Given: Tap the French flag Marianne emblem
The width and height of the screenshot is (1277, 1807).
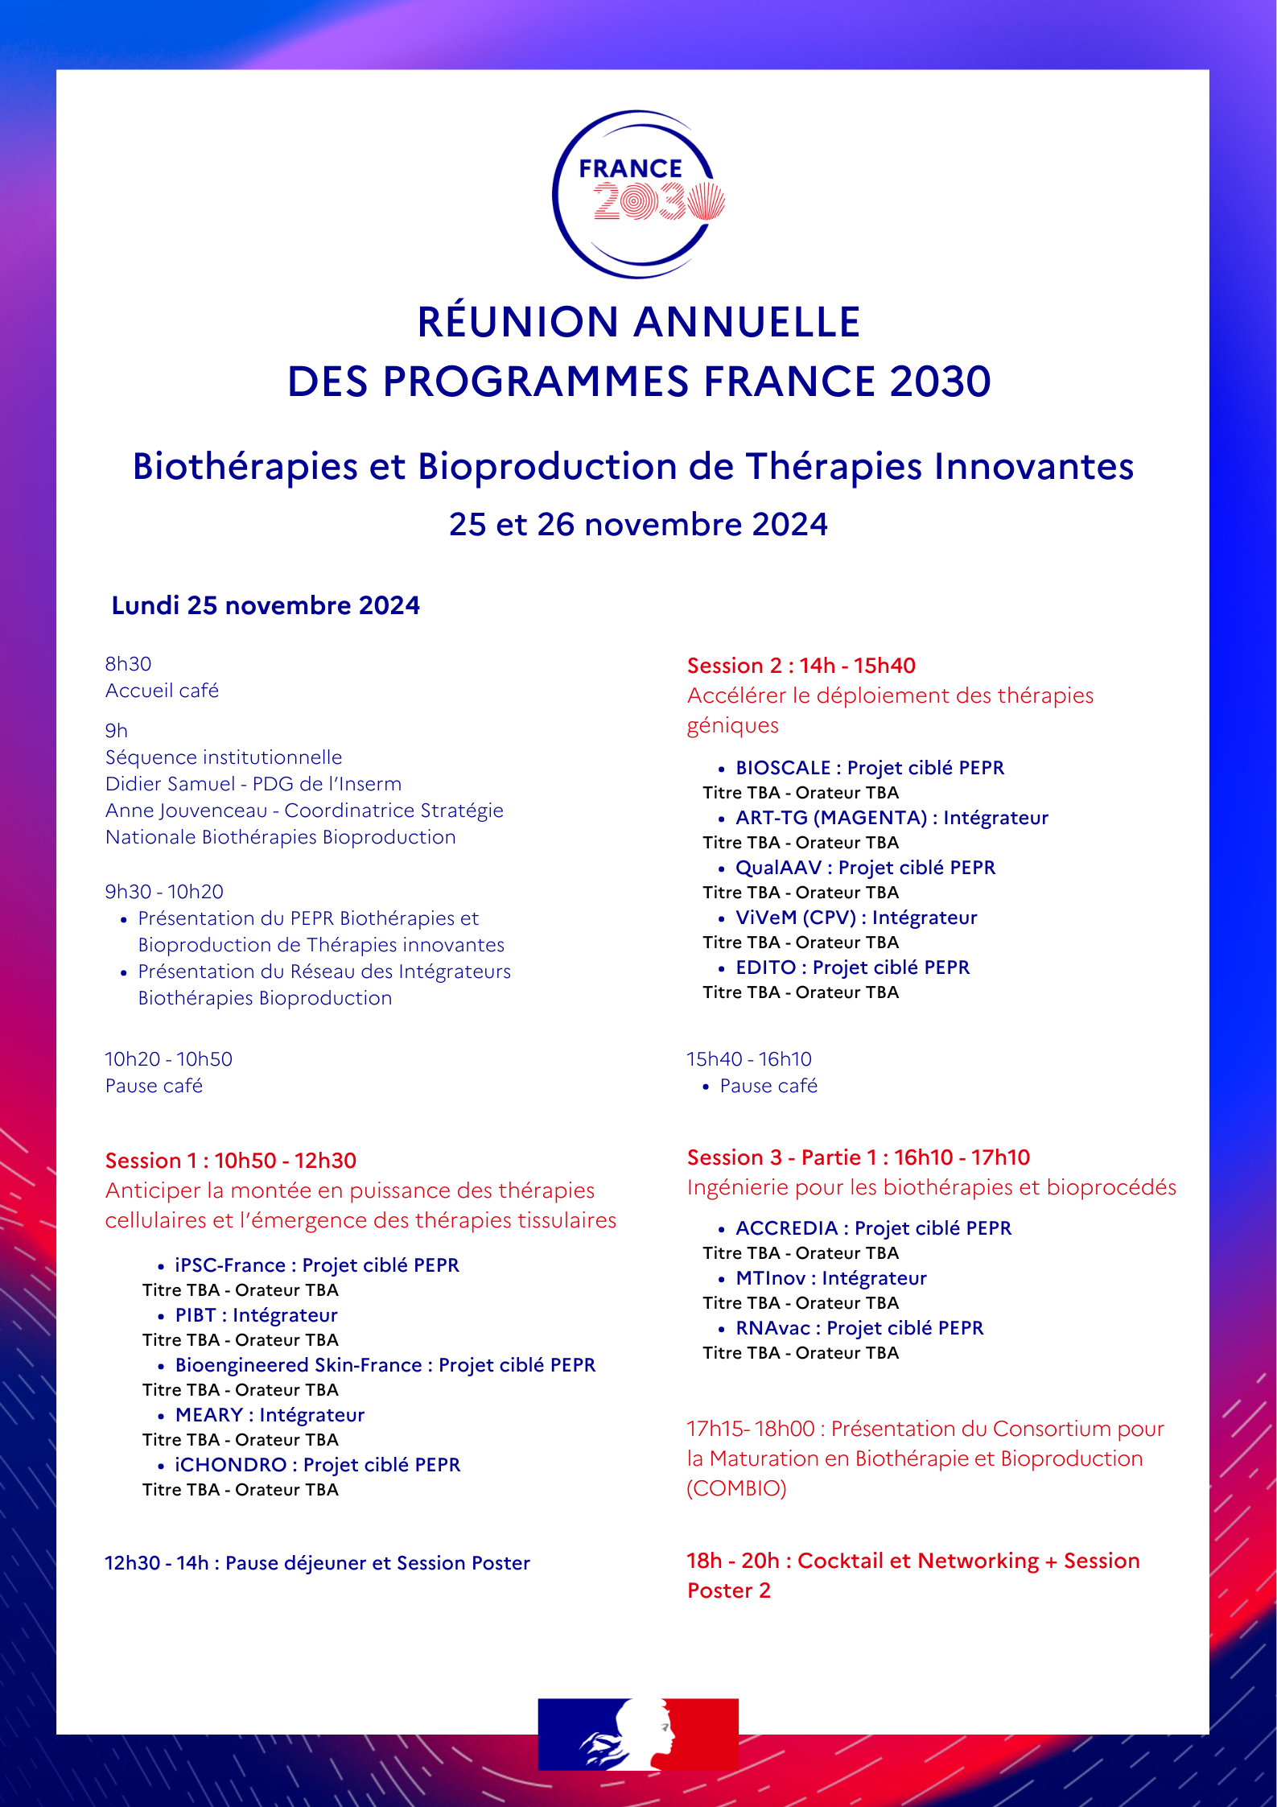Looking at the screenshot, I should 638,1734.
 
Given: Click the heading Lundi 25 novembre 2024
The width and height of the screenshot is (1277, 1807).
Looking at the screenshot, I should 266,605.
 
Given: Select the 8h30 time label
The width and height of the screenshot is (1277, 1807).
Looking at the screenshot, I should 128,664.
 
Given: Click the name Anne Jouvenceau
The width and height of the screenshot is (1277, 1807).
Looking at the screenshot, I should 186,811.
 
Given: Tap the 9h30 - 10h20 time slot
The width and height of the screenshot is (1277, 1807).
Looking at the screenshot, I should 164,892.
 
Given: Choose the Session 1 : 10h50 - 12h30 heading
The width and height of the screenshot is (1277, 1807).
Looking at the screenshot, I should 231,1161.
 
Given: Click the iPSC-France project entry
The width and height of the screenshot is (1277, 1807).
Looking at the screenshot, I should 317,1265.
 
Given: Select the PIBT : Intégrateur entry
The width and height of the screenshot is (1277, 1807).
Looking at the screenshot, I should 256,1315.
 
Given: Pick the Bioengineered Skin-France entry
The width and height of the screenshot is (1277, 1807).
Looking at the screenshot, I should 385,1365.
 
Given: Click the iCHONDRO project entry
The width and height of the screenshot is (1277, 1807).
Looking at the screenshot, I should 317,1465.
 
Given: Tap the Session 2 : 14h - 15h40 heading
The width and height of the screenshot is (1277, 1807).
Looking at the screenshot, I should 801,666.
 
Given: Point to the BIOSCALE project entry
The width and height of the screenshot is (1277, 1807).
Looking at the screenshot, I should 869,768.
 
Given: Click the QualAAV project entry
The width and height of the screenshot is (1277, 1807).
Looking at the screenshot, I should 865,868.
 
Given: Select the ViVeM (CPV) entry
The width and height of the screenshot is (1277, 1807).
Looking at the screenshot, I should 856,918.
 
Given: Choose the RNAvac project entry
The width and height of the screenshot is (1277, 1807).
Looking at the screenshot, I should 859,1328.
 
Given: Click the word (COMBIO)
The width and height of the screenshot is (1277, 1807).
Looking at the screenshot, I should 736,1488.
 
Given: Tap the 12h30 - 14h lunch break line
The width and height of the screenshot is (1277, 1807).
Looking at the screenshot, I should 317,1563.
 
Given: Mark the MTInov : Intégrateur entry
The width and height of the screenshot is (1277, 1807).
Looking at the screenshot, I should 830,1278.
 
